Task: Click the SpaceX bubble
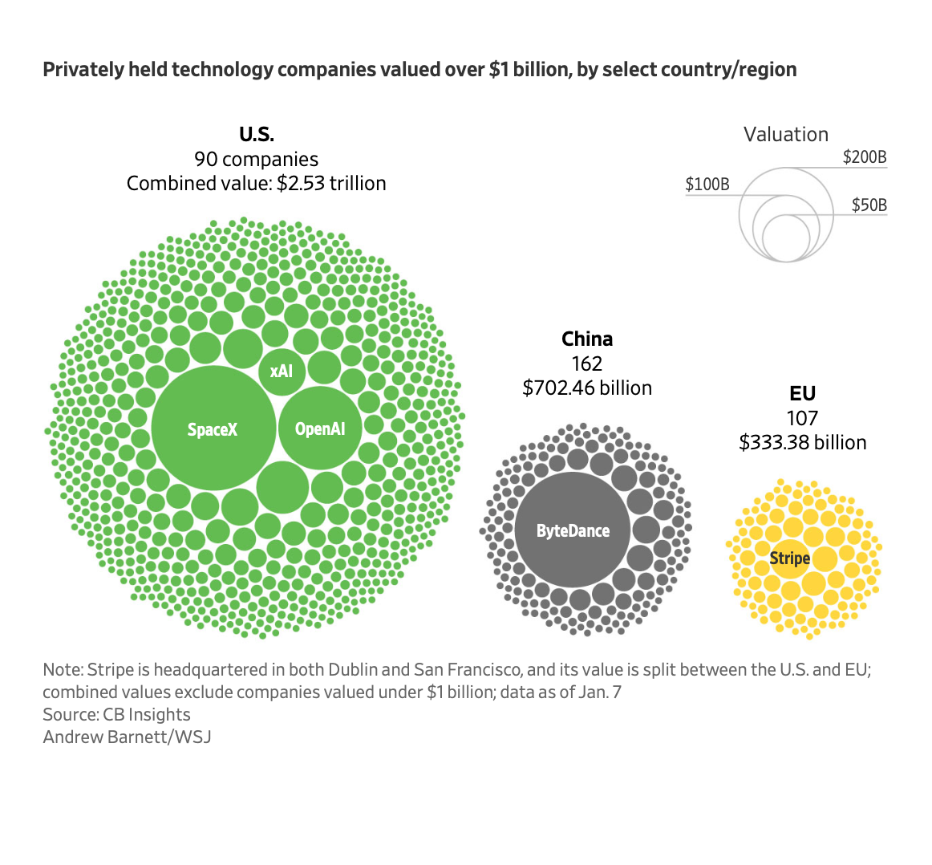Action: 213,428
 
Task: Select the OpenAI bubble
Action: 320,428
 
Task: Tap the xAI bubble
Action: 282,371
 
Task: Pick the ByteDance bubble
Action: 573,530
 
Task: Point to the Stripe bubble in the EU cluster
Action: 790,558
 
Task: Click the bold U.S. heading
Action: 256,134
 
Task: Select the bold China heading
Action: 587,339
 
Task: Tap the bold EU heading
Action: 802,393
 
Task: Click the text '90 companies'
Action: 256,159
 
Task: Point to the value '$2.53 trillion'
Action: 331,183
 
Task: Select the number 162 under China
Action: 587,363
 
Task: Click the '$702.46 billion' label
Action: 587,388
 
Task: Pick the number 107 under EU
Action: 802,418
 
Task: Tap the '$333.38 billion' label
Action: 802,443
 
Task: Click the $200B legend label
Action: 865,156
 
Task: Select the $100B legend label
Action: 707,184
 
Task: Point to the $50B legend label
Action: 869,205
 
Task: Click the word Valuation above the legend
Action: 785,134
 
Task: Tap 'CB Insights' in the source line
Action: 147,714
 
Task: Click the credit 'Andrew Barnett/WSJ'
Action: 127,737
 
